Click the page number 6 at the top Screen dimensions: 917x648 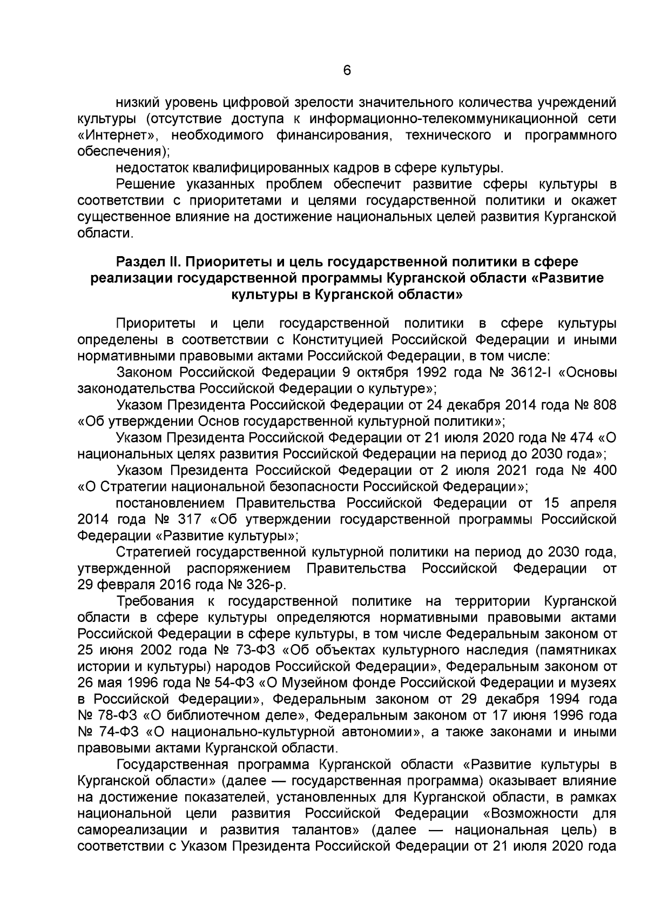tap(347, 71)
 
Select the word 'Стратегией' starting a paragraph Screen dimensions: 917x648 tap(153, 552)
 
